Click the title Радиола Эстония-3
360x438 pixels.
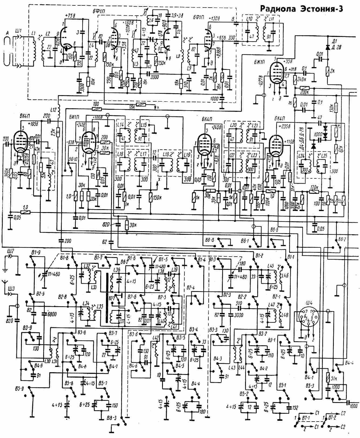coord(301,9)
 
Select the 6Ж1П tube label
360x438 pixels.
coord(258,61)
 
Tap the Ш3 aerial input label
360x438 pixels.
coord(11,289)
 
